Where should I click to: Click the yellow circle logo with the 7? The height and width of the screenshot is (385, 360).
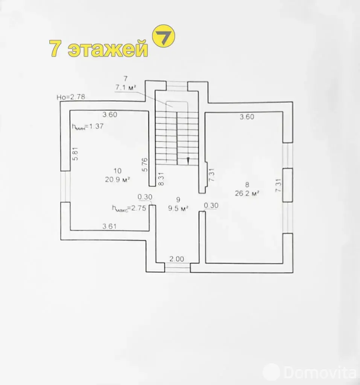point(164,36)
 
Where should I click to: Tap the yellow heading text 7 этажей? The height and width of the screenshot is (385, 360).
point(99,49)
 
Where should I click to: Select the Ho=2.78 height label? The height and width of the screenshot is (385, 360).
point(71,97)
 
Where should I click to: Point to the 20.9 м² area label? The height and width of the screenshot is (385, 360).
point(117,179)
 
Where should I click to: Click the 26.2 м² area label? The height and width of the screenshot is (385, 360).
point(247,193)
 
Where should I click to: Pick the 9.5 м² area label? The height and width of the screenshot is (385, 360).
point(178,208)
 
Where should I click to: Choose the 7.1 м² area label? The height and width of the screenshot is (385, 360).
point(126,87)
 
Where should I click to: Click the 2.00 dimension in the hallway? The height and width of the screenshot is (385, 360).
point(177,259)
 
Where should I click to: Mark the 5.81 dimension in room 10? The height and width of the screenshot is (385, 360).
point(76,154)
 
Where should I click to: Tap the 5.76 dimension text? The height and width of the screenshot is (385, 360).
point(145,165)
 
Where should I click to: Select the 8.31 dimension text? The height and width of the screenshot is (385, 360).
point(161,179)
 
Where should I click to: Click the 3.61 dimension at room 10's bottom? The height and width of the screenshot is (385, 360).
point(109,226)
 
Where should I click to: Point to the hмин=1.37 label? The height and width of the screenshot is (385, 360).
point(88,127)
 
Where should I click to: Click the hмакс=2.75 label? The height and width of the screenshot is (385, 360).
point(129,208)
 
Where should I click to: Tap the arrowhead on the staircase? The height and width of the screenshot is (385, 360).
point(188,160)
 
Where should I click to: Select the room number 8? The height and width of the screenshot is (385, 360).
point(247,185)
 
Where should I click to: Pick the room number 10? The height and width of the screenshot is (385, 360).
point(117,171)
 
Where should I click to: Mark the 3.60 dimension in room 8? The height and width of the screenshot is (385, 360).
point(247,117)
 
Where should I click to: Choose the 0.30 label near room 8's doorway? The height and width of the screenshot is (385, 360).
point(211,205)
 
